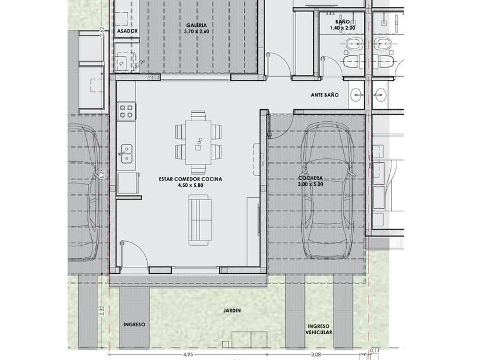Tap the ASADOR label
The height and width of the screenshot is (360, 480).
127,31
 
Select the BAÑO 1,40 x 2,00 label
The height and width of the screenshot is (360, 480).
342,25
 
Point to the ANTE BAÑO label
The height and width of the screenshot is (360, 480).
325,95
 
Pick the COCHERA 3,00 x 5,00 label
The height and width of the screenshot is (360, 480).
310,181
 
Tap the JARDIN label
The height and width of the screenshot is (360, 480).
232,310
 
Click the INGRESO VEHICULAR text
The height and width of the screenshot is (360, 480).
319,329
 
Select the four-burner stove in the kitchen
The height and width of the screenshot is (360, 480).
127,111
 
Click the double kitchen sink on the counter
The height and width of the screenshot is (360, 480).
126,154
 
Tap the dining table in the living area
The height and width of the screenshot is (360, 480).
198,143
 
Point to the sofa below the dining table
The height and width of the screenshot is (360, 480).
200,220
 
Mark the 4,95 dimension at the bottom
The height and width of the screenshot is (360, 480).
188,354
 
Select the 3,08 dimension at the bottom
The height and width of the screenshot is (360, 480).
316,354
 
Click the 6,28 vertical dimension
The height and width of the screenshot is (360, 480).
102,174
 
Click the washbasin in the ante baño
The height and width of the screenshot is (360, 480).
357,95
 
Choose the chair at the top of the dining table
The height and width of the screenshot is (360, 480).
198,115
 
